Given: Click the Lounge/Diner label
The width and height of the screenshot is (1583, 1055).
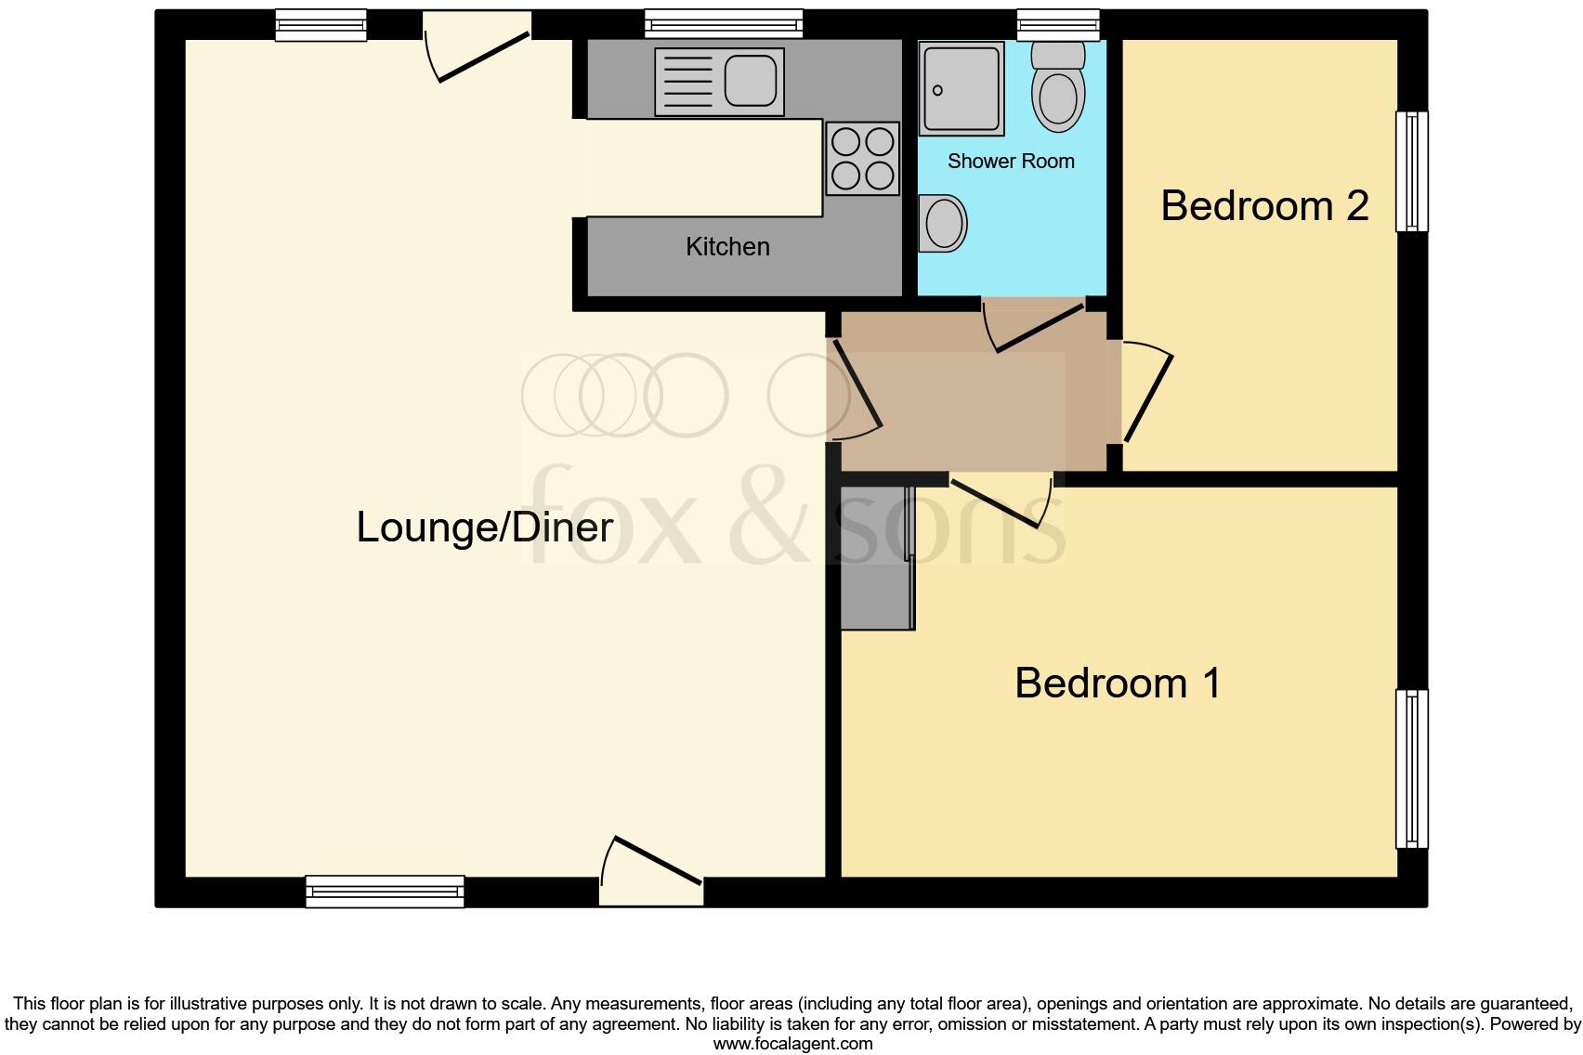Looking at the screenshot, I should click(x=484, y=527).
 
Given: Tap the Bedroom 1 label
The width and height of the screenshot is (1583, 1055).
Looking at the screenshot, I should click(x=1117, y=684).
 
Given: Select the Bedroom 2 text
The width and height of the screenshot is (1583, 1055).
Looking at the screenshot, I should click(x=1264, y=205).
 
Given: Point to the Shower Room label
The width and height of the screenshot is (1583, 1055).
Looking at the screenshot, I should click(x=1011, y=162).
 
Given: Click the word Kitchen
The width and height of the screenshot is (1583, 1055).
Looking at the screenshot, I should click(x=727, y=247).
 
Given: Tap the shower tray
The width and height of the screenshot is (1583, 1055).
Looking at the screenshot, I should click(x=962, y=87).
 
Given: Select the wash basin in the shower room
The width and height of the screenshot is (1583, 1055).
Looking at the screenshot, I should click(x=942, y=223).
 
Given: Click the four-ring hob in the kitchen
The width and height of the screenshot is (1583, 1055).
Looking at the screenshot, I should click(x=863, y=159).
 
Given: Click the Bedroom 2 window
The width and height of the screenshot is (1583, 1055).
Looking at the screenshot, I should click(x=1412, y=172).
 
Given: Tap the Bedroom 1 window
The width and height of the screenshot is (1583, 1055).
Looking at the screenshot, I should click(x=1412, y=768).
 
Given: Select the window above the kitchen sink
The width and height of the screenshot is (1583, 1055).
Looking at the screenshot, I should click(x=724, y=23).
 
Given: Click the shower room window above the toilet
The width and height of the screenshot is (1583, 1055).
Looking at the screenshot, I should click(x=1058, y=23).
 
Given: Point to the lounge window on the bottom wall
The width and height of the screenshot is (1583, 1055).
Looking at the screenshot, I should click(x=385, y=892).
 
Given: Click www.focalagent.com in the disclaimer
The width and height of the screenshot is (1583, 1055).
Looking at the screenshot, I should click(x=792, y=1044).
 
